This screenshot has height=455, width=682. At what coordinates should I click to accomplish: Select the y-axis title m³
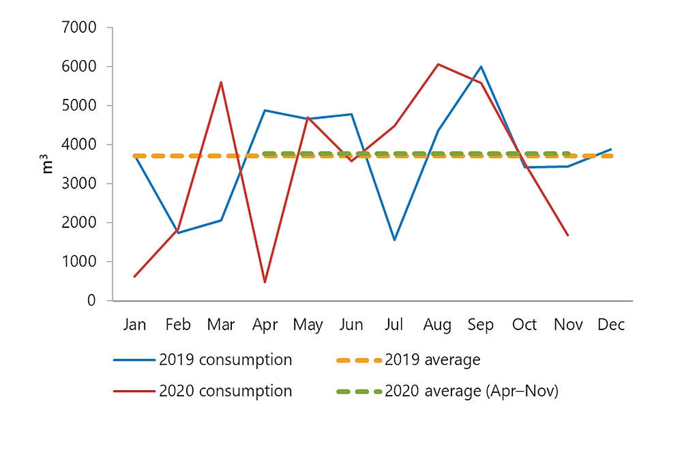click(48, 164)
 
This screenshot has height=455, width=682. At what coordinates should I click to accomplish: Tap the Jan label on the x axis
click(134, 325)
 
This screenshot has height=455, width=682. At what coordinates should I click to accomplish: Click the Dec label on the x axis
click(611, 325)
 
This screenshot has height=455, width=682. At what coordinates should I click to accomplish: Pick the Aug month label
click(437, 325)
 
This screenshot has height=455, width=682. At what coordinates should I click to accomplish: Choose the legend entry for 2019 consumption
click(225, 360)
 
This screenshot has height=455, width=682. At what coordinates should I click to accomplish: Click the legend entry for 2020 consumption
click(225, 392)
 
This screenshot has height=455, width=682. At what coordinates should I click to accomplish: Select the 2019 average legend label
click(433, 360)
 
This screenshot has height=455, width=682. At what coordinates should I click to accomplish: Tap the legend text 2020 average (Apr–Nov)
click(471, 392)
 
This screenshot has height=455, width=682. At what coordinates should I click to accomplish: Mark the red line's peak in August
click(438, 64)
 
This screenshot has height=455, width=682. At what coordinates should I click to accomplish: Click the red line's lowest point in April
click(265, 282)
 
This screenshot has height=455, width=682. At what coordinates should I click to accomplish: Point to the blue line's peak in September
click(481, 67)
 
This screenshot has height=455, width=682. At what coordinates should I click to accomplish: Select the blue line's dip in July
click(394, 240)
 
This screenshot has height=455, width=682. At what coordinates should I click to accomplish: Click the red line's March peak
click(221, 83)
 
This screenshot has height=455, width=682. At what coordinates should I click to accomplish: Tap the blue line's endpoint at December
click(611, 149)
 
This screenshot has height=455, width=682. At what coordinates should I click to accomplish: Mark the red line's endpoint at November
click(567, 235)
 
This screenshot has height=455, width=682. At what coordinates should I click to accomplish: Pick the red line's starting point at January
click(134, 276)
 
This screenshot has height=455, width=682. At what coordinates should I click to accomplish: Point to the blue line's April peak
click(265, 111)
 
